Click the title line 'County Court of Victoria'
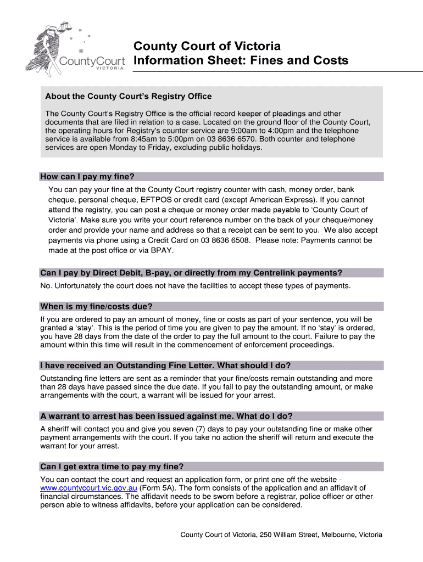point(208,46)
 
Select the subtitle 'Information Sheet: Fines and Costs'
point(241,60)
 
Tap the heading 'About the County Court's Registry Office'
point(128,97)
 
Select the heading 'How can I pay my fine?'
point(87,177)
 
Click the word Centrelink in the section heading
point(280,273)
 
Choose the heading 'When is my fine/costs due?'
point(96,306)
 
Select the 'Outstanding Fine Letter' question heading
point(165,366)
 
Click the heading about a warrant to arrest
point(166,416)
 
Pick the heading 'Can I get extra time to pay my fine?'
point(112,467)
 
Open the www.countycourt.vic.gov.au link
point(88,488)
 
